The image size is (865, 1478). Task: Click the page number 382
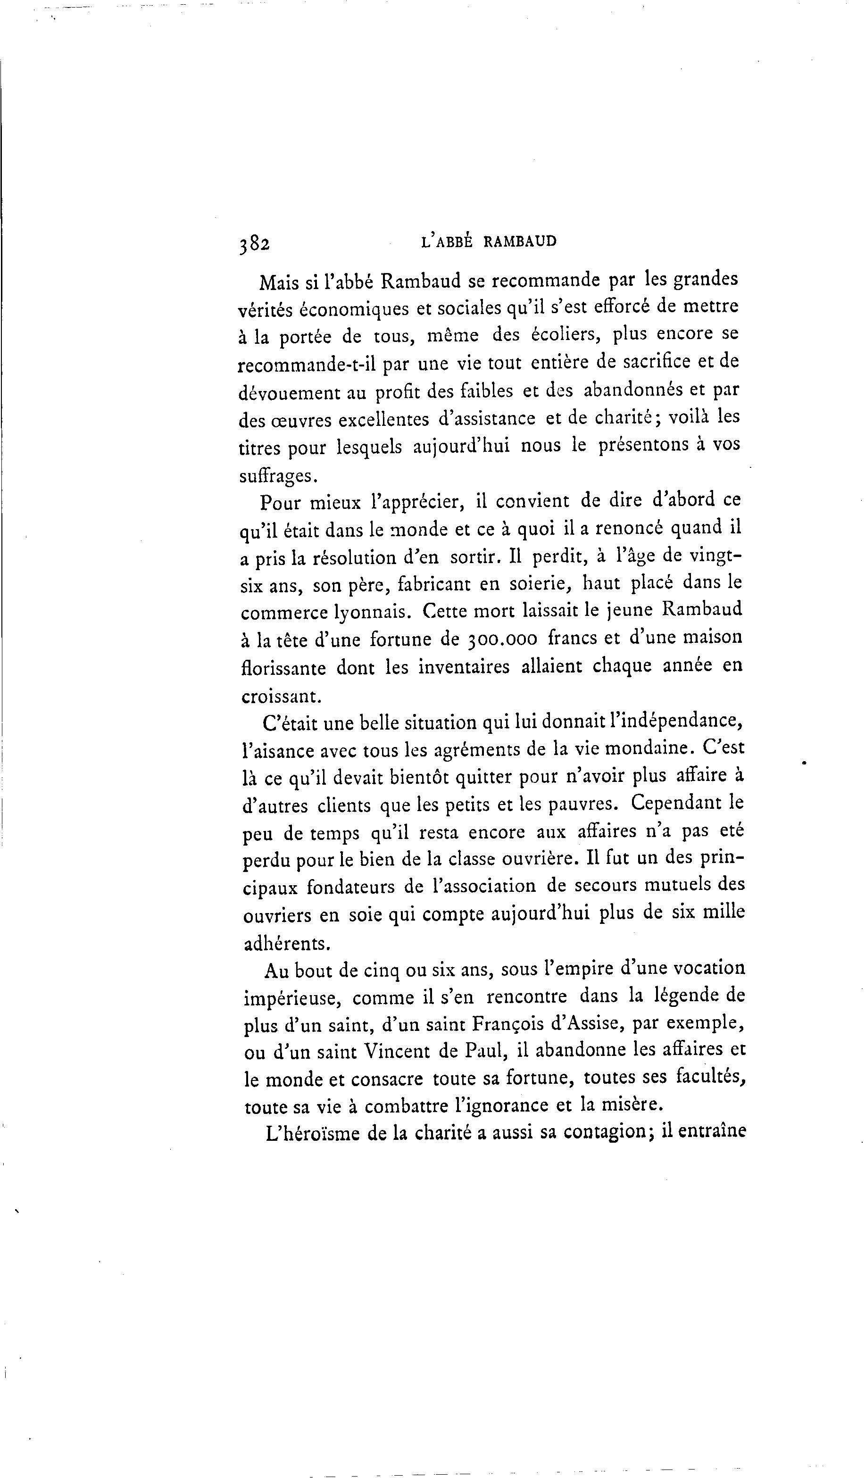[254, 244]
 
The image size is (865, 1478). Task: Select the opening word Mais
[280, 282]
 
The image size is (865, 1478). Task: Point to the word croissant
[281, 696]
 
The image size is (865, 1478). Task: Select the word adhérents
[286, 943]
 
